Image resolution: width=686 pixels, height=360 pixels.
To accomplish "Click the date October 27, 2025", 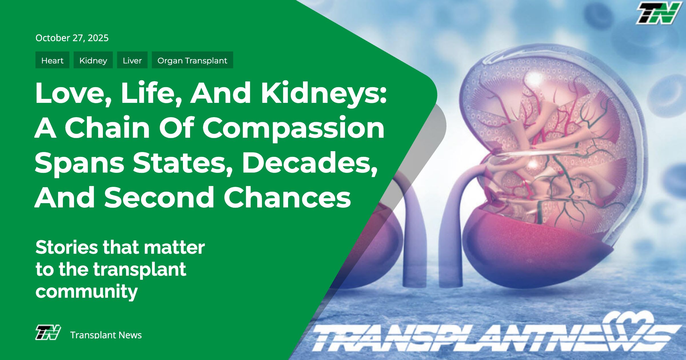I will [72, 38].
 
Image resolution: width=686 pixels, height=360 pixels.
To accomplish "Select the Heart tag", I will [52, 60].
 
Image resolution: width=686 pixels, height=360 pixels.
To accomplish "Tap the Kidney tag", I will [93, 60].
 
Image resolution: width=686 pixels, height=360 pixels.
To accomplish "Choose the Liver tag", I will [132, 60].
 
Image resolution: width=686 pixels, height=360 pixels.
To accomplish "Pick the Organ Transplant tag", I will [192, 60].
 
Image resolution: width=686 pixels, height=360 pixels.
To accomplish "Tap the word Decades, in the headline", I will [310, 163].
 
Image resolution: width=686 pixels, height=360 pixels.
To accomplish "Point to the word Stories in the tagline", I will [67, 247].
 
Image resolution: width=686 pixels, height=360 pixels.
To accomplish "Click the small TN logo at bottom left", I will [48, 333].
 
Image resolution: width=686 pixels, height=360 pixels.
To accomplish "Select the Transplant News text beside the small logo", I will [106, 335].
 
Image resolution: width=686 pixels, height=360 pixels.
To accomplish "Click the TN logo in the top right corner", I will [659, 13].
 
